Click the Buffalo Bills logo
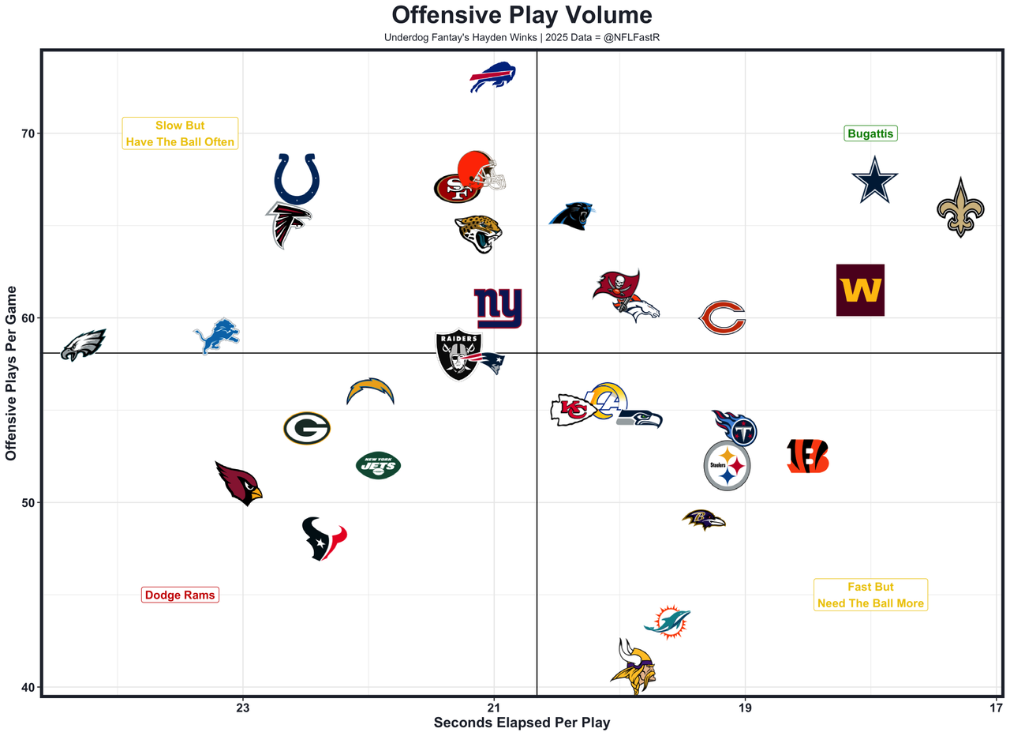coord(492,77)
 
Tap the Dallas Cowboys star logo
coord(874,180)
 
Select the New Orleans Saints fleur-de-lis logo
coord(960,208)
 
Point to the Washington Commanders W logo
coord(860,290)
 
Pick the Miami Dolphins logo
coord(668,621)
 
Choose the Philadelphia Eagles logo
coord(83,344)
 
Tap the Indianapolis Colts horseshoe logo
coord(297,178)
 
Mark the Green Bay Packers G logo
coord(306,428)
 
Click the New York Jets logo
coord(379,464)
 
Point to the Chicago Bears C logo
coord(722,318)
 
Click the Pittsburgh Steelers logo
coord(727,466)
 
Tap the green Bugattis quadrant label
coord(870,133)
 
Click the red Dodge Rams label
coord(180,595)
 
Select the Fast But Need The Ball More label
coord(870,595)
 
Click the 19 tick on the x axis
coord(745,708)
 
